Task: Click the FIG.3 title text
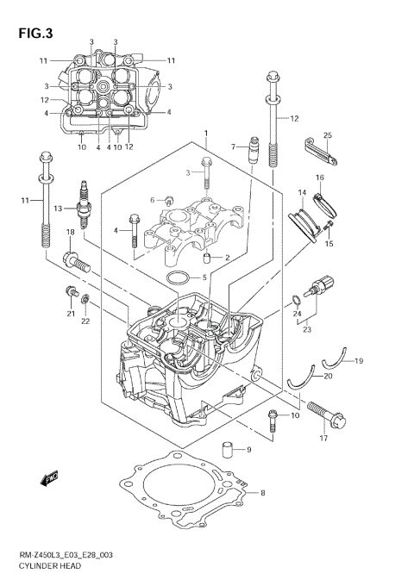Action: (34, 34)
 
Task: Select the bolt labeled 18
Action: (77, 261)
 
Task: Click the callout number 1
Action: (206, 132)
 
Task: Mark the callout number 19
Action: (359, 360)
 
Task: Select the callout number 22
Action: (85, 321)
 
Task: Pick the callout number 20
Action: (327, 376)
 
